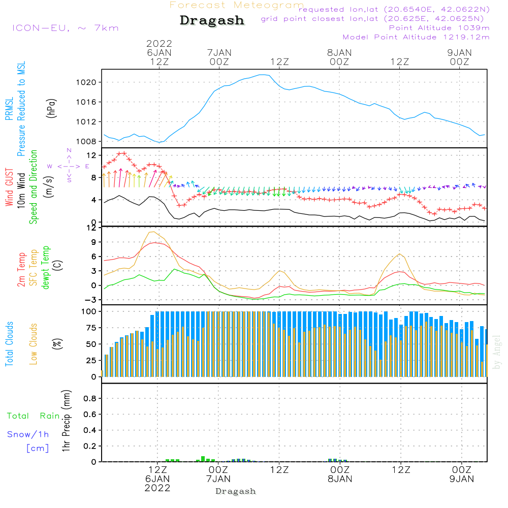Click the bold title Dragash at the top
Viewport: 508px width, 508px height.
pyautogui.click(x=212, y=21)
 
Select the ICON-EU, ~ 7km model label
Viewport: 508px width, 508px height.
pyautogui.click(x=65, y=28)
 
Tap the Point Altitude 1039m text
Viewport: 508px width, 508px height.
pyautogui.click(x=439, y=28)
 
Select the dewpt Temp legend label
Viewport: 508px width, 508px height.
pyautogui.click(x=46, y=268)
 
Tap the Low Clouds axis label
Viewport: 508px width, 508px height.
pyautogui.click(x=34, y=343)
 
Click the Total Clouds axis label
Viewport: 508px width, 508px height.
pyautogui.click(x=10, y=343)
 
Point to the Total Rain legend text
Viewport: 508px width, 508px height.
pyautogui.click(x=33, y=416)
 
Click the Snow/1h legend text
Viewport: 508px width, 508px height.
pyautogui.click(x=28, y=435)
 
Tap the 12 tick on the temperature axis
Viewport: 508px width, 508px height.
pyautogui.click(x=90, y=227)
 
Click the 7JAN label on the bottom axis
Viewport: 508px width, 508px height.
pyautogui.click(x=218, y=479)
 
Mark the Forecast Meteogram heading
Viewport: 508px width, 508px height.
pyautogui.click(x=237, y=5)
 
